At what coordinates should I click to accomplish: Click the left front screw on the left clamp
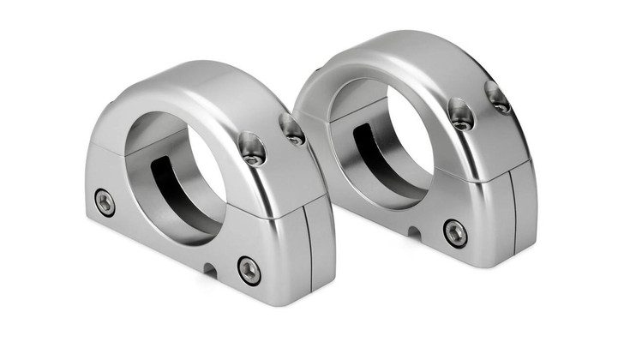coord(105,202)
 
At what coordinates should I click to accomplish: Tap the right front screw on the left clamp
coord(249,270)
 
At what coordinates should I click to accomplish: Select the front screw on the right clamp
coord(455,232)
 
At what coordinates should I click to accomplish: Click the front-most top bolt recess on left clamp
coord(253,149)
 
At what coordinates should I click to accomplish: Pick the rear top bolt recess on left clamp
coord(292,129)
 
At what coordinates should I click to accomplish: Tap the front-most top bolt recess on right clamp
coord(461,114)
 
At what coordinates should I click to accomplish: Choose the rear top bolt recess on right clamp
coord(498,96)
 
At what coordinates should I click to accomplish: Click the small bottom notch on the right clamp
coord(412,231)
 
